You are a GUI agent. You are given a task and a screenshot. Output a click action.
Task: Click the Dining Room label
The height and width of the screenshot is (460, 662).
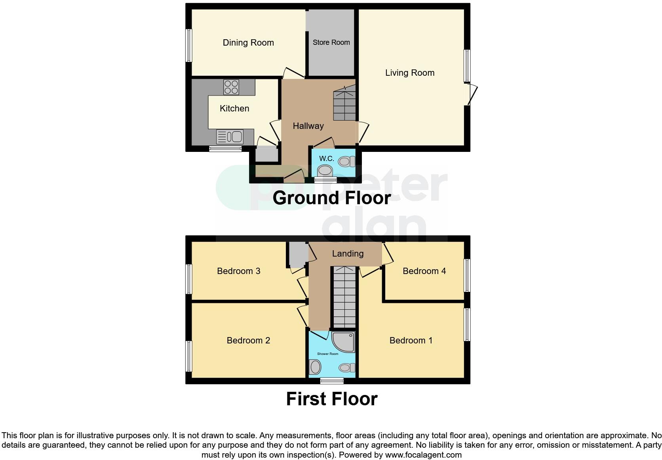[x=248, y=42]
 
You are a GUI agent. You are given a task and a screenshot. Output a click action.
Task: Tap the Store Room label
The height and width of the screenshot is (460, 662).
[x=331, y=42]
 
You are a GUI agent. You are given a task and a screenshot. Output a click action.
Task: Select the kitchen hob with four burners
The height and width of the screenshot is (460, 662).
[x=231, y=87]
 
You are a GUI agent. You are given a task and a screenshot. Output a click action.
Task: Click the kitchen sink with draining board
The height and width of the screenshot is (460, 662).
[x=230, y=137]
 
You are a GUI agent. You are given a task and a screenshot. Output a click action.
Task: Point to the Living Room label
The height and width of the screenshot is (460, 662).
[x=410, y=73]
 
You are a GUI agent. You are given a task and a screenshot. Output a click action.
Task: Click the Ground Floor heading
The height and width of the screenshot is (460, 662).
[x=331, y=197]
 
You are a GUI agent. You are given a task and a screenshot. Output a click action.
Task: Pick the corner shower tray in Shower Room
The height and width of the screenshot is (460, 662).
[x=344, y=342]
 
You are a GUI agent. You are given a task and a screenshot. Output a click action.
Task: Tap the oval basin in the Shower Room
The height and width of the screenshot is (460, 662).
[x=315, y=367]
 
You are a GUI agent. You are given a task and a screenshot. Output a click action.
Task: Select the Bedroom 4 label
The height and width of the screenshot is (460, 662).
[x=424, y=271]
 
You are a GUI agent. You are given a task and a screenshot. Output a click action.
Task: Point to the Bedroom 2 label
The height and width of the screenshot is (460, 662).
[x=248, y=340]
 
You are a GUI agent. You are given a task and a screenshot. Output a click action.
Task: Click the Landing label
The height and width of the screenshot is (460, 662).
[x=348, y=253]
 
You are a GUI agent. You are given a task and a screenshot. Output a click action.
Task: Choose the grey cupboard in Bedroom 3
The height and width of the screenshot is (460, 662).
[x=297, y=254]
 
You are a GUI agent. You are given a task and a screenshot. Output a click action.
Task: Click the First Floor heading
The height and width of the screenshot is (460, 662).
[x=331, y=399]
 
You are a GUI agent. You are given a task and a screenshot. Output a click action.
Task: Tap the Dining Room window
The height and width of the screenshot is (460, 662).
[x=189, y=45]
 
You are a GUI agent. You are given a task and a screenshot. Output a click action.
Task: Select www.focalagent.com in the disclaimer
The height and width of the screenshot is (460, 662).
[x=423, y=455]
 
